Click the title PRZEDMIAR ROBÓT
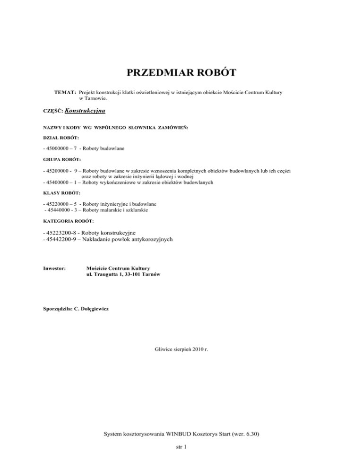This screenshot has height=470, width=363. (x=182, y=73)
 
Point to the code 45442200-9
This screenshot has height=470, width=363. (x=63, y=240)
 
